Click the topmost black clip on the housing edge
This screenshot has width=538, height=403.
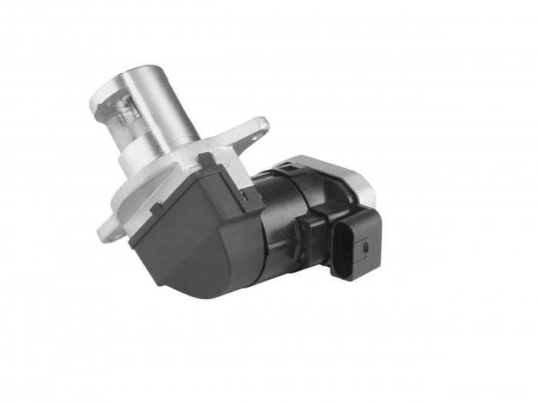206,160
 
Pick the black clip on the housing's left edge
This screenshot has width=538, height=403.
157,208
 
